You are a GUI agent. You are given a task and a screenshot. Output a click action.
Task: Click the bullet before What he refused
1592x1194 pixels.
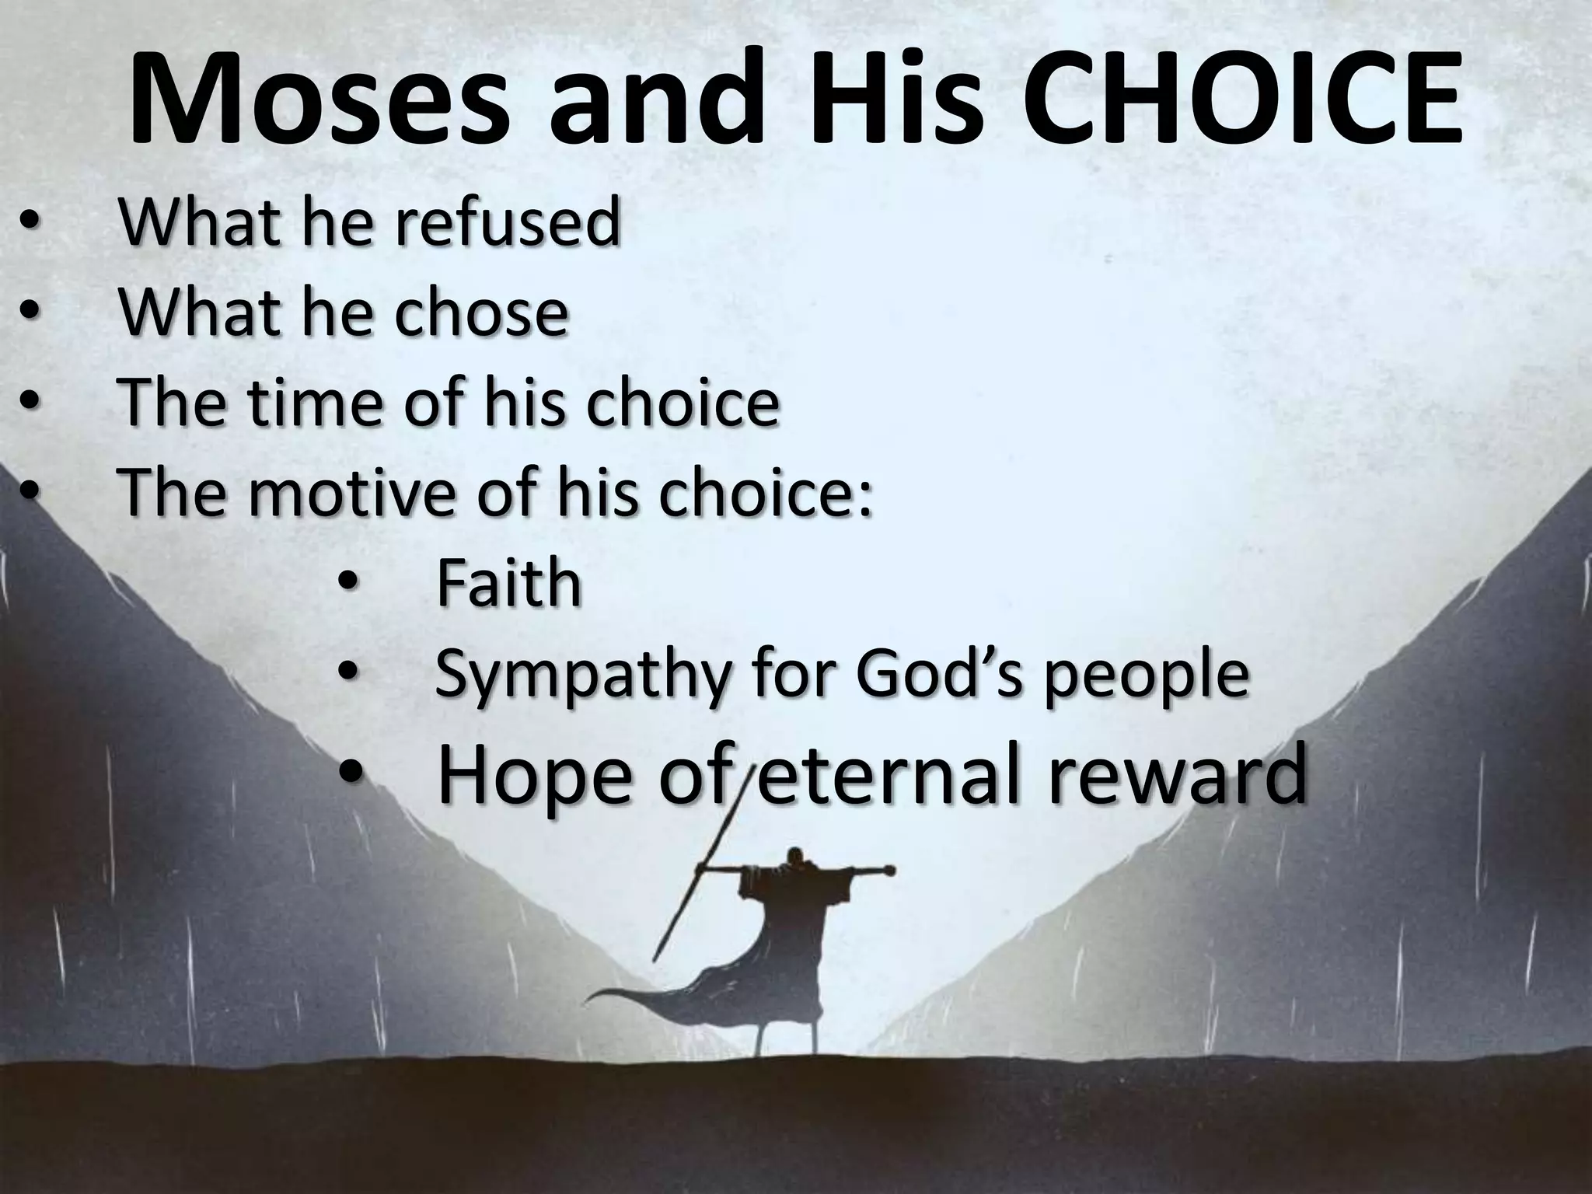click(x=29, y=224)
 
